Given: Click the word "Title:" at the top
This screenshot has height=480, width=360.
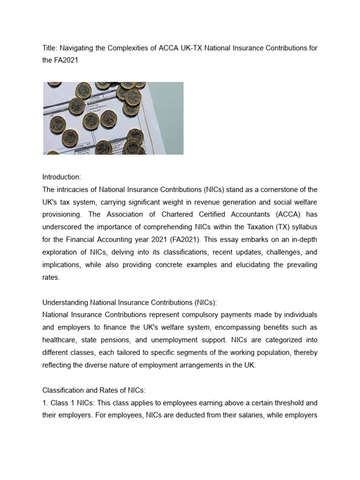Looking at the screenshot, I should pos(50,49).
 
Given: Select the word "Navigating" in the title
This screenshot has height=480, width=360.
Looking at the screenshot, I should pos(77,49).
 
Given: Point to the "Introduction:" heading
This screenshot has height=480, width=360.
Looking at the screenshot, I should pos(62,177).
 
